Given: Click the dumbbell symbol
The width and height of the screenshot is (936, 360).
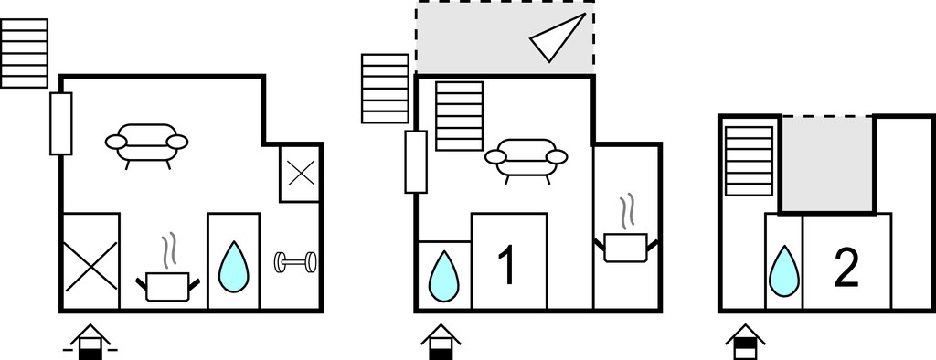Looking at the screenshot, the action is click(x=295, y=262).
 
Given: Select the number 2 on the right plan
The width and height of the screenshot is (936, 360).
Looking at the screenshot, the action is click(x=846, y=268).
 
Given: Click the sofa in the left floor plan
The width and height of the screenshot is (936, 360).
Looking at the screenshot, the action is click(x=147, y=143).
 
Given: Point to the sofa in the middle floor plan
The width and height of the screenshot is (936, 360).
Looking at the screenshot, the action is click(x=526, y=159).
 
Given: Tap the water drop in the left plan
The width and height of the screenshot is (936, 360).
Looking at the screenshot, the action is click(x=233, y=268).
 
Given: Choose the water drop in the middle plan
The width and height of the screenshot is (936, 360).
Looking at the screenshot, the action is click(x=444, y=276).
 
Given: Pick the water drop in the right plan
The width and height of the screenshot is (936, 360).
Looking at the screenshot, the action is click(x=783, y=271).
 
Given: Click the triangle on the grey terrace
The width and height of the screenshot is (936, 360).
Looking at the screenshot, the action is click(x=558, y=37).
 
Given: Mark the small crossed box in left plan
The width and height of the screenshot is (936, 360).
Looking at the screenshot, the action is click(x=301, y=173).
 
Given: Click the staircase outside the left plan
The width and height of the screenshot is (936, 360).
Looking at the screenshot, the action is click(x=25, y=53).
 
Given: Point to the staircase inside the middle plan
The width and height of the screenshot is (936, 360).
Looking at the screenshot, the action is click(x=459, y=116).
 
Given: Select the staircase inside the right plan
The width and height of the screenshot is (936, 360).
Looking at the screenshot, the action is click(x=750, y=161).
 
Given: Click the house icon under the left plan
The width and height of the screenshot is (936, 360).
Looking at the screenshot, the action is click(x=90, y=342).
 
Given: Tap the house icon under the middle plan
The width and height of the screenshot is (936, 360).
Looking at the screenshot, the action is click(x=441, y=342).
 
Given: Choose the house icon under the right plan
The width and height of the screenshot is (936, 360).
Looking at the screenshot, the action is click(x=745, y=342).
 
